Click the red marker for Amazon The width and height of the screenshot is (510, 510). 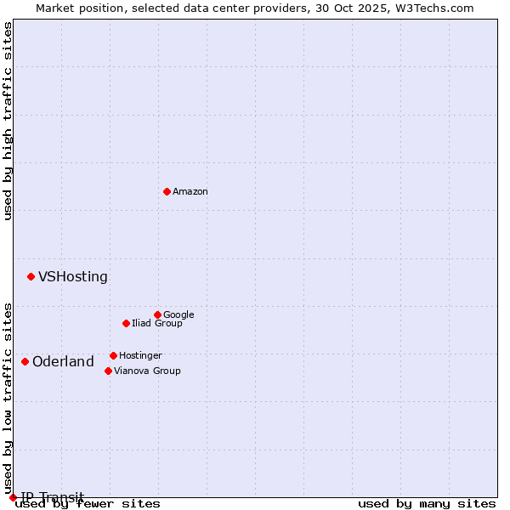[167, 191]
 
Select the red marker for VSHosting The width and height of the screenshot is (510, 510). [31, 276]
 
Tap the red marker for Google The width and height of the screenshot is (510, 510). [157, 314]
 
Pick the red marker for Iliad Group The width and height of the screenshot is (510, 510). [126, 323]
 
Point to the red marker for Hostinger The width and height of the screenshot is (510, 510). [113, 355]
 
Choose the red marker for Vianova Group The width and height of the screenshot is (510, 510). [108, 371]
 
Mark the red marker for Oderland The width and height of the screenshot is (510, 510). [25, 361]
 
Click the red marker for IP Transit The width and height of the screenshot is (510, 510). [13, 497]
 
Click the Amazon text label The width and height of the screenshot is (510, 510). [190, 192]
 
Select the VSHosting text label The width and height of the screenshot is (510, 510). [73, 277]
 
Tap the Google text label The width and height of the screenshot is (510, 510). [178, 315]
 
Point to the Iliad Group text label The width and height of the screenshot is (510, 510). [157, 324]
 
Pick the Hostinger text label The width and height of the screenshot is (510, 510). [140, 356]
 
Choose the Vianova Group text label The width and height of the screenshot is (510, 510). [147, 371]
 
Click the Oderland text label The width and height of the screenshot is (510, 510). [63, 362]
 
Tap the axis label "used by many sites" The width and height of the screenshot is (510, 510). [427, 504]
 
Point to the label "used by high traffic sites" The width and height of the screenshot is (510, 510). [8, 121]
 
